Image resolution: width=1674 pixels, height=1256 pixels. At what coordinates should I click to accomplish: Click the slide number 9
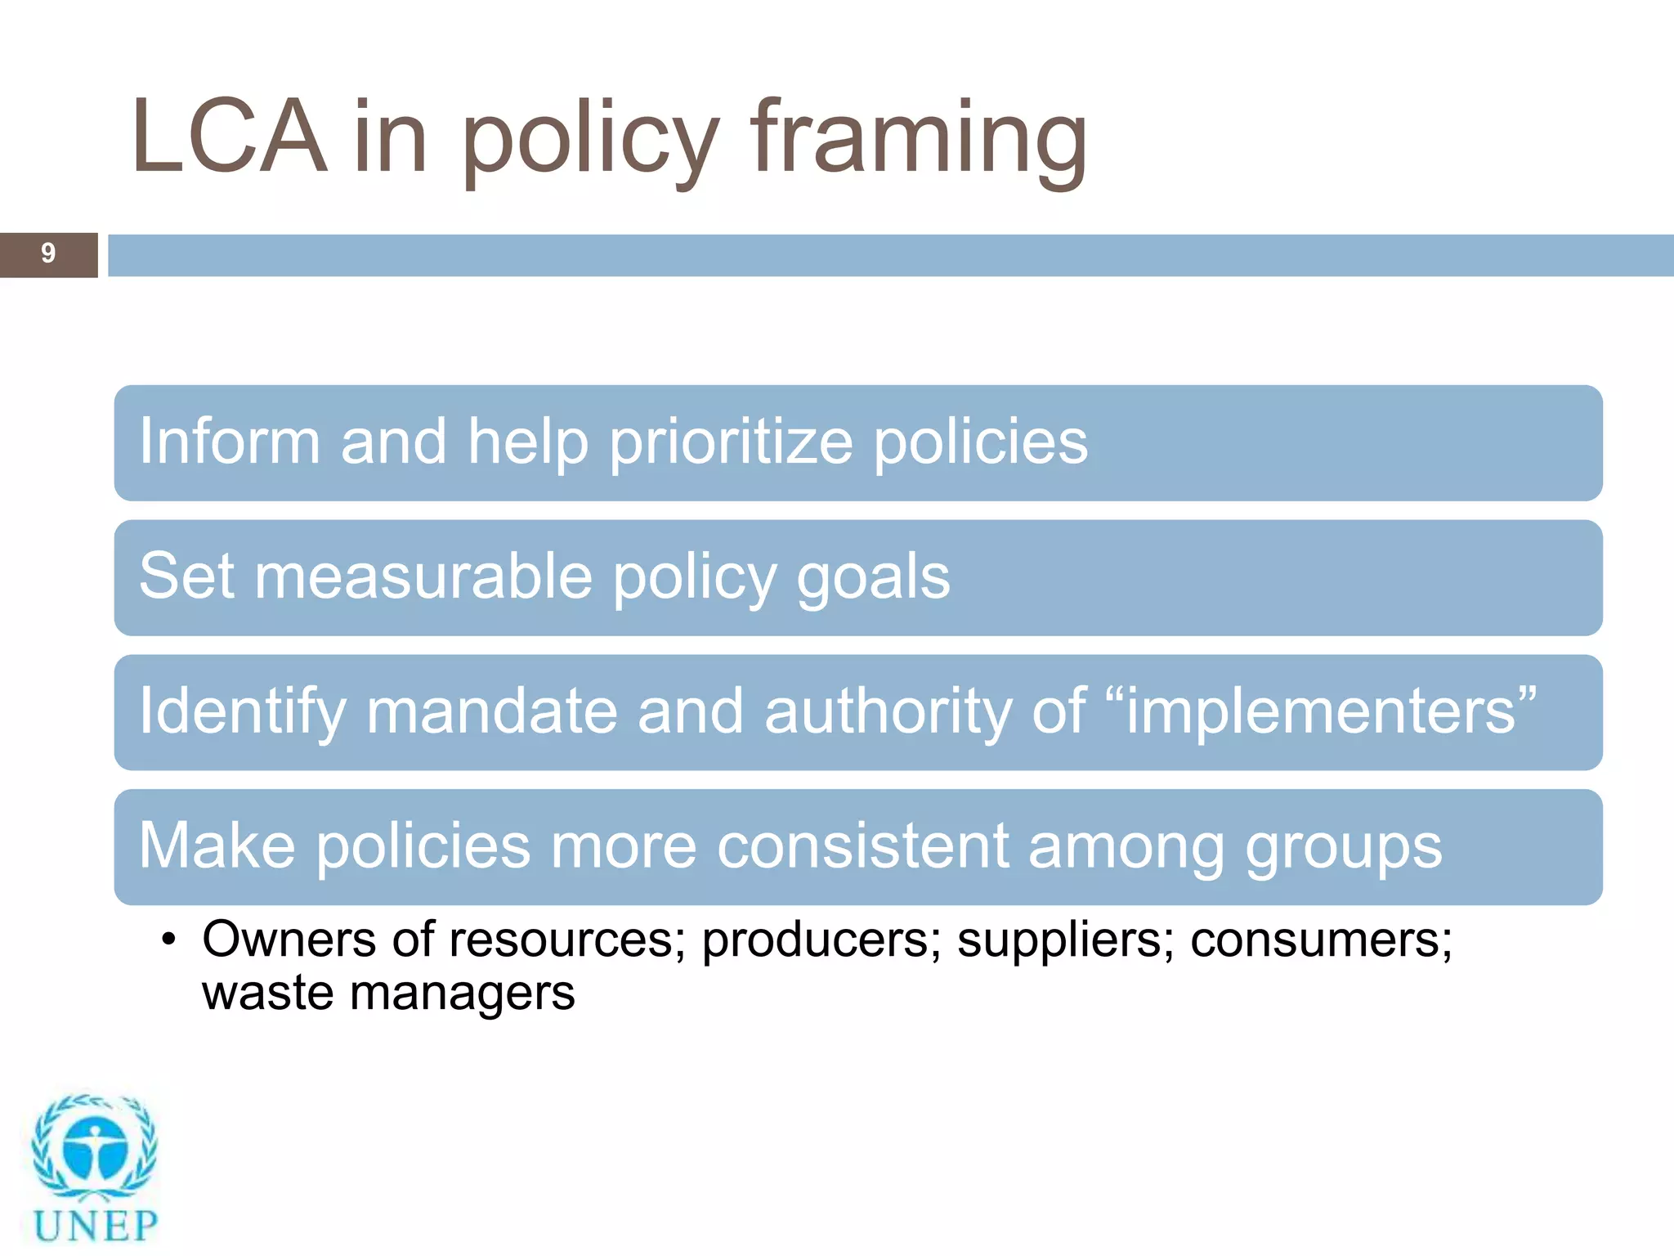pos(48,253)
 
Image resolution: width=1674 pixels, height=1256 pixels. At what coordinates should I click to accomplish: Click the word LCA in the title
pos(229,137)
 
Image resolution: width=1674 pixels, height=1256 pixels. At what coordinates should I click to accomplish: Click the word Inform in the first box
pos(229,442)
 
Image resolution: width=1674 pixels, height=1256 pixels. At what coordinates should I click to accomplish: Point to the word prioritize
pos(731,443)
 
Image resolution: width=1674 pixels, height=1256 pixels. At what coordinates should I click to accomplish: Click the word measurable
pos(423,576)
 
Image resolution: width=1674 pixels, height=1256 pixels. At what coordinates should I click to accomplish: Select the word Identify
pos(243,711)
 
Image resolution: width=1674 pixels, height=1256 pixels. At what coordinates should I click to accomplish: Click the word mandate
pos(490,711)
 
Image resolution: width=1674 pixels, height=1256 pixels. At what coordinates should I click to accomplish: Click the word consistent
pos(862,846)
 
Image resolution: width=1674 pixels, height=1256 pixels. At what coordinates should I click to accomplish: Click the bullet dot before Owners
pos(168,940)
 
